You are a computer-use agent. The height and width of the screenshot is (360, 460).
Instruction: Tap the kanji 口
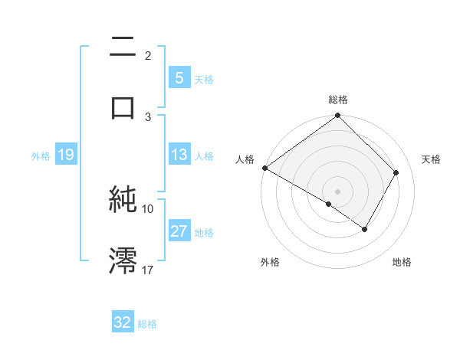pos(123,107)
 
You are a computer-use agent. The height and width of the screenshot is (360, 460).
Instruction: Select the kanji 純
pos(123,200)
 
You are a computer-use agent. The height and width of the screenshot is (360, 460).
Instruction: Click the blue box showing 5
pos(179,77)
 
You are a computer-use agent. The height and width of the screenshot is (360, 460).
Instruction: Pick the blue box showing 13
pos(179,155)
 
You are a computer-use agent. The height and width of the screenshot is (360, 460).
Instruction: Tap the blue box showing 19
pos(65,155)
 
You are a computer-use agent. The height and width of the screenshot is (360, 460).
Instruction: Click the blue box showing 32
pos(123,322)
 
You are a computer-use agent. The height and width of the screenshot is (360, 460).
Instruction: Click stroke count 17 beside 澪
pos(148,270)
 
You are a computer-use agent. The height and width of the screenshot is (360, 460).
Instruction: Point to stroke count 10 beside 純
pos(148,208)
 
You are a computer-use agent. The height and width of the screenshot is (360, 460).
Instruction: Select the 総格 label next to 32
pos(147,324)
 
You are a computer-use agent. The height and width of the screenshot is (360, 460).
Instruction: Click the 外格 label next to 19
pos(41,155)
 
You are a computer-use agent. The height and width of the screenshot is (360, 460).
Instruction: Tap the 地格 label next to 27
pos(204,232)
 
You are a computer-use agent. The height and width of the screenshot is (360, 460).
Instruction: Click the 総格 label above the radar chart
pos(337,100)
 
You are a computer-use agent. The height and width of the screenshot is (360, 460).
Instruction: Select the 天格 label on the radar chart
pos(431,159)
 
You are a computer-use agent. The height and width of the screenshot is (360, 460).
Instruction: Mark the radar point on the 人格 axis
pos(264,168)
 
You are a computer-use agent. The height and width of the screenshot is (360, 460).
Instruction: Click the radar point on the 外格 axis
pos(329,204)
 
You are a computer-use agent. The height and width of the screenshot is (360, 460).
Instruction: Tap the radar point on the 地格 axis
pos(365,229)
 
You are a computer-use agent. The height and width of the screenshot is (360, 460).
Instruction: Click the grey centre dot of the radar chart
pos(337,191)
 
